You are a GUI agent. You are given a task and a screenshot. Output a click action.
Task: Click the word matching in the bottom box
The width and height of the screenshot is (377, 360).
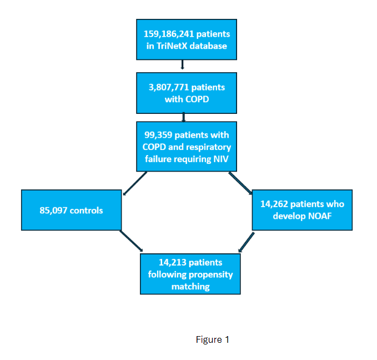click(190, 286)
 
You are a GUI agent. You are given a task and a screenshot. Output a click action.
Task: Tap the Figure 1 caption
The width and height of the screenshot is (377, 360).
click(212, 339)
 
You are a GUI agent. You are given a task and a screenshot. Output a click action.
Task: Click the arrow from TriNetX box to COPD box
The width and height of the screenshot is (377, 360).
click(183, 66)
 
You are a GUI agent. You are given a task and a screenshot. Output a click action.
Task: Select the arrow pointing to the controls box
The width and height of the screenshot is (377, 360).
click(134, 184)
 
